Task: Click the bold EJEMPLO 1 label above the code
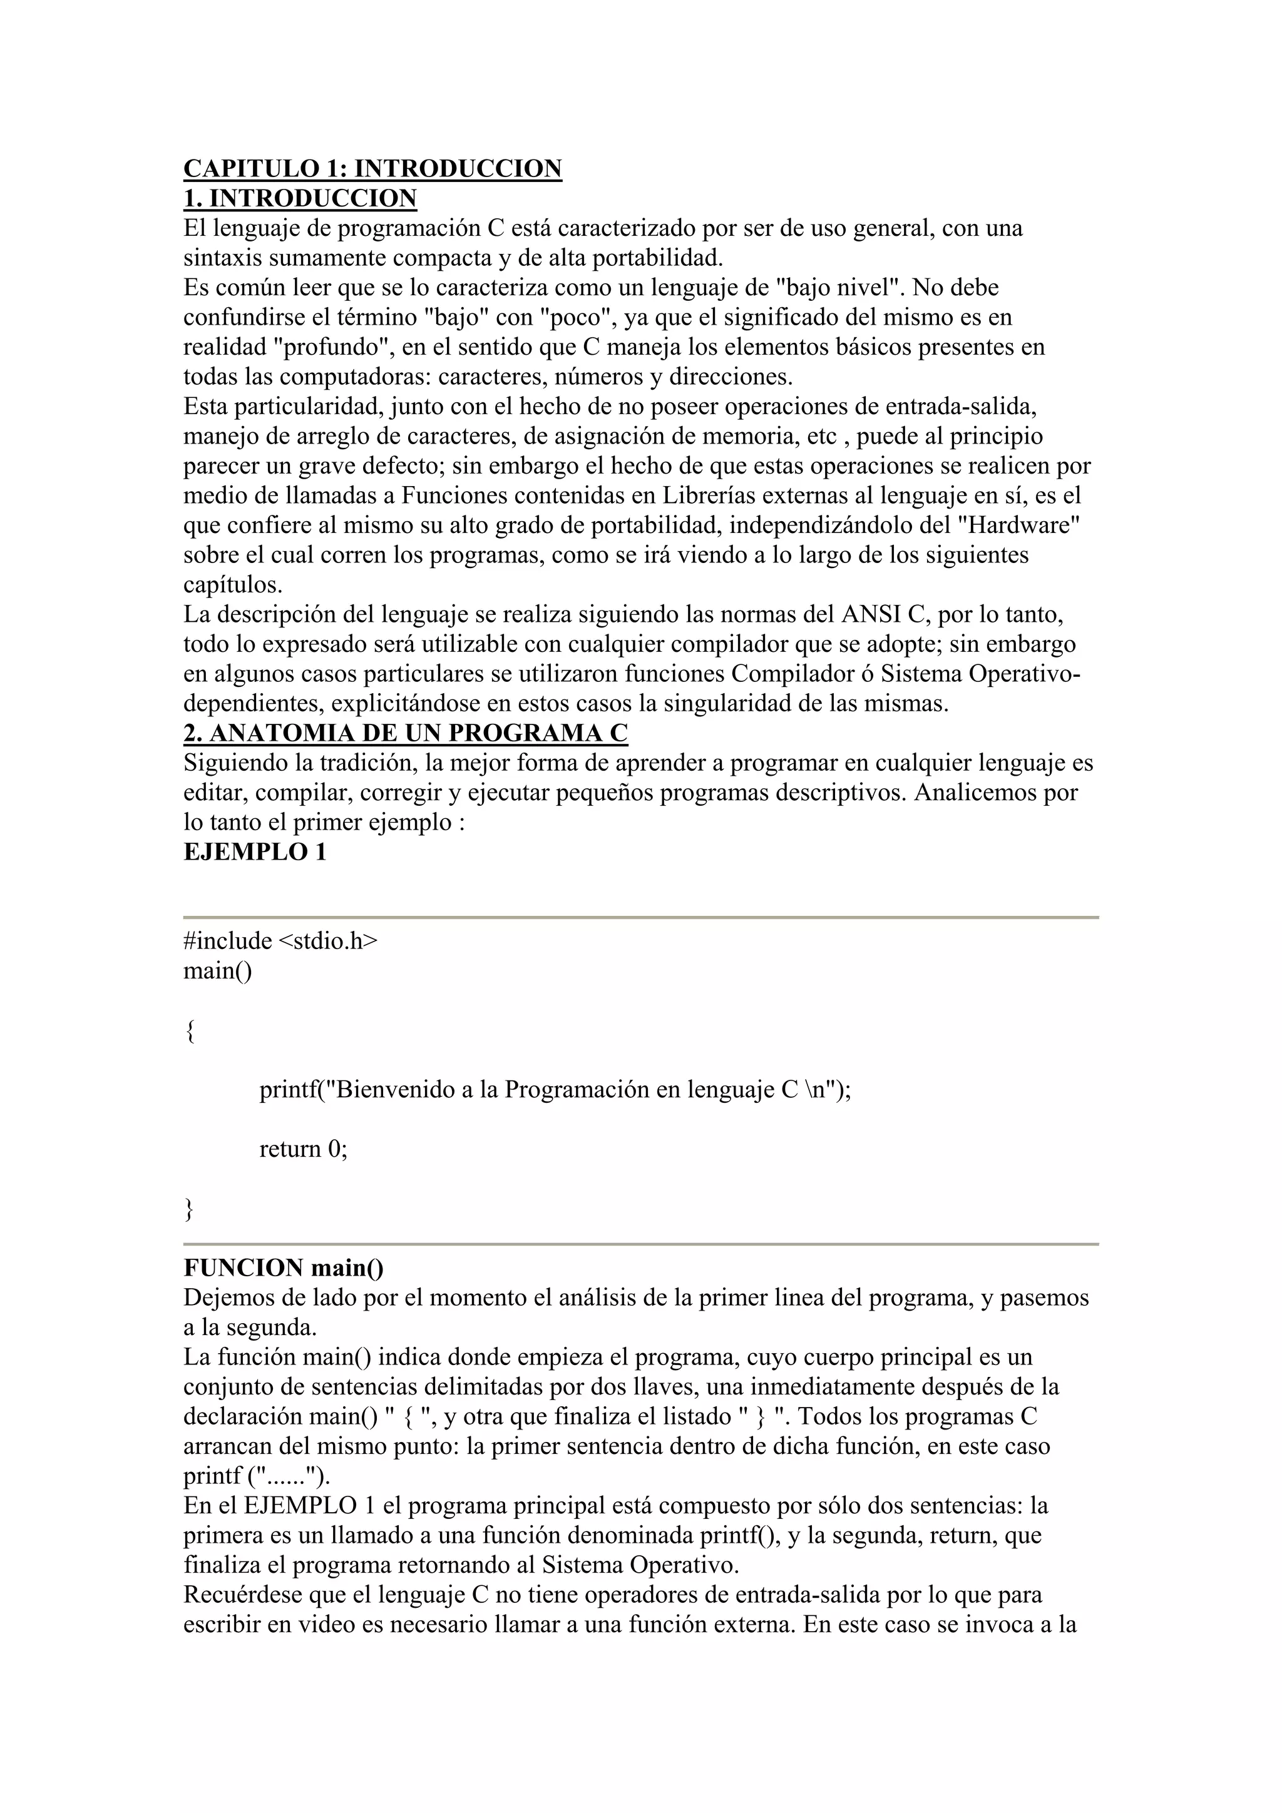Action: [x=254, y=852]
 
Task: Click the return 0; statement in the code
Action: [x=304, y=1148]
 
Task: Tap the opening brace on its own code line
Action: [x=190, y=1030]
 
